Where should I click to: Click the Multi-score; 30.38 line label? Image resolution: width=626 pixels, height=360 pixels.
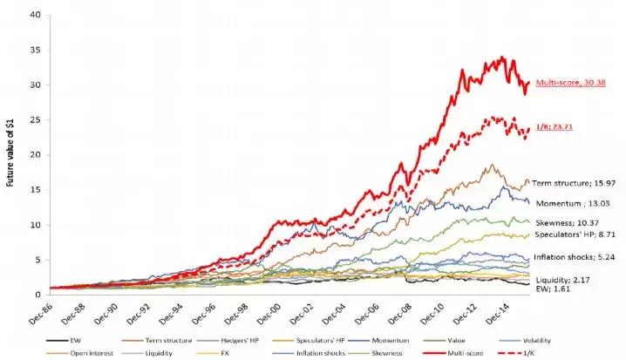tap(570, 83)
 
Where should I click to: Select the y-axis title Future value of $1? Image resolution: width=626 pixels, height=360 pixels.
tap(9, 153)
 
